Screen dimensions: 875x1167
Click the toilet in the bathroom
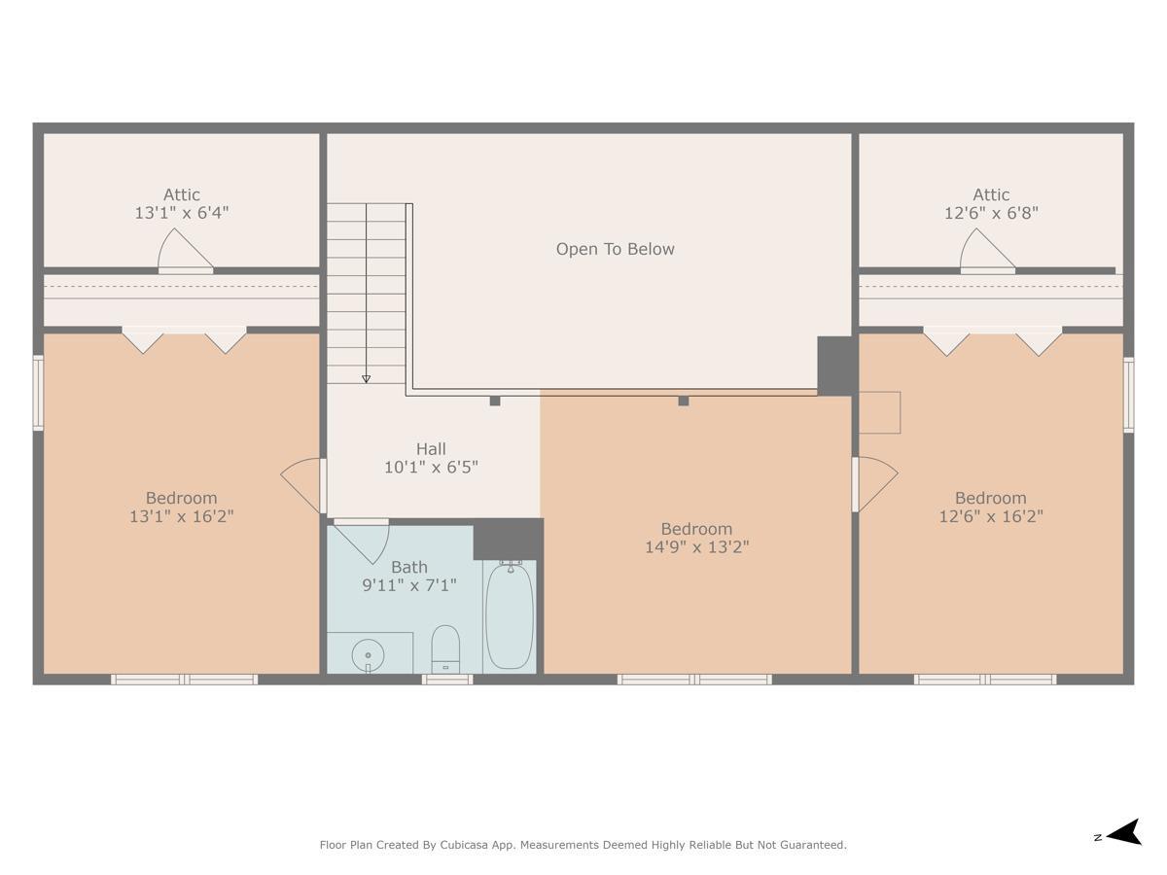click(445, 647)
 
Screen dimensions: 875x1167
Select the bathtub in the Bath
click(510, 615)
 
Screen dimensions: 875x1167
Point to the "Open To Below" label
click(615, 249)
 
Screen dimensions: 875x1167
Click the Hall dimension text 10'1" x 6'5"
click(431, 468)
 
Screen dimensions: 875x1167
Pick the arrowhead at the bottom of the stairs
click(366, 378)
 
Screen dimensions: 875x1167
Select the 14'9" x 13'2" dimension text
click(696, 547)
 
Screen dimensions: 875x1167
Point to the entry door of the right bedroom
click(873, 484)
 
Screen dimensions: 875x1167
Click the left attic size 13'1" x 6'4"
click(182, 213)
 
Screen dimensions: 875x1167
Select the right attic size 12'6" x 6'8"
click(991, 213)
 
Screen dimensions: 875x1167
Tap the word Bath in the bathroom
click(408, 567)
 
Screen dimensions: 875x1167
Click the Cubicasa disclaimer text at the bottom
click(583, 845)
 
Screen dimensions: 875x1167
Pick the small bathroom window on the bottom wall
click(447, 680)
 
